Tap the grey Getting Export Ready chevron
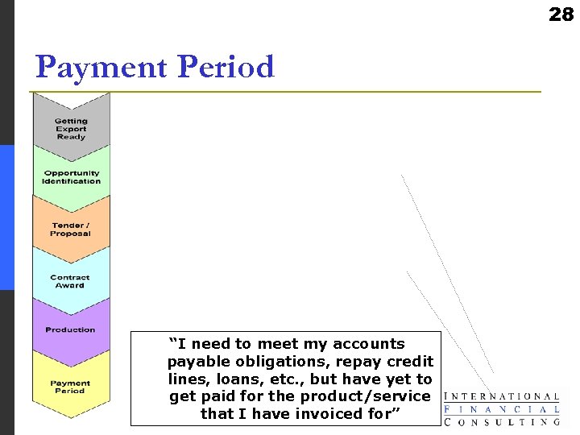[71, 129]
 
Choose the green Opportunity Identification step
[71, 177]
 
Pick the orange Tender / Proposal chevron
[71, 230]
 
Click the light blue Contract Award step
[71, 281]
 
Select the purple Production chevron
[71, 330]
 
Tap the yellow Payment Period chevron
[71, 387]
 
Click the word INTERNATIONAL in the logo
[503, 396]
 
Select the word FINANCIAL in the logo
[503, 408]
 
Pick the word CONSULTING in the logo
[503, 421]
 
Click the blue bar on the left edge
[6, 217]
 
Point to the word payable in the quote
[194, 362]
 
